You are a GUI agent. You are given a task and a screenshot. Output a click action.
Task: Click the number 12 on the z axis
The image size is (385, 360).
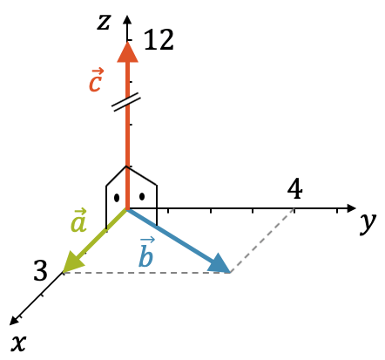159,39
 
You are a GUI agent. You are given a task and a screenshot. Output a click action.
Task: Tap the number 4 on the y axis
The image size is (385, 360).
294,189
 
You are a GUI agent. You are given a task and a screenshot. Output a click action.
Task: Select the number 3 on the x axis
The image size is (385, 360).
41,270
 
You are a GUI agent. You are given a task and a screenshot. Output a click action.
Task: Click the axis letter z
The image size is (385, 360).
104,22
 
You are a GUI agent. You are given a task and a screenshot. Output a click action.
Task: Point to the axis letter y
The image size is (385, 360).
368,224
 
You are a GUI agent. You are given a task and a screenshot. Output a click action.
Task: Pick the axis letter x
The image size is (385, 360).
18,343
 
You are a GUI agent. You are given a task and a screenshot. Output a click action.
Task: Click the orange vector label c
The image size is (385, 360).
96,80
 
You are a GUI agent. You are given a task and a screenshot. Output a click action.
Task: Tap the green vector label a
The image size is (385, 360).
78,221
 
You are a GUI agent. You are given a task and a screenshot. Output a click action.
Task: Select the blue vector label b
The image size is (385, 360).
146,252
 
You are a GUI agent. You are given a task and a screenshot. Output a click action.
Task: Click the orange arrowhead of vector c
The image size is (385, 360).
127,52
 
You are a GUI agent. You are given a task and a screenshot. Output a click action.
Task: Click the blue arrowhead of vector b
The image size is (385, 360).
220,264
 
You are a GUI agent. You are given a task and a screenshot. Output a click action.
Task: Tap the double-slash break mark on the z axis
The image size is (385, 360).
126,102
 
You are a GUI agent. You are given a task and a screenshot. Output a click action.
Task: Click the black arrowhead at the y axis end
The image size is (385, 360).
352,208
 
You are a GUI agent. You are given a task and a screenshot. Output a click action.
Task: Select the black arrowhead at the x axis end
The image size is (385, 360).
15,320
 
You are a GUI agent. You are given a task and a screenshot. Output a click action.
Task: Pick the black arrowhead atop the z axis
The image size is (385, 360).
127,19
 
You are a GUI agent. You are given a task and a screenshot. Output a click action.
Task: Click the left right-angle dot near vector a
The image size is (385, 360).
117,198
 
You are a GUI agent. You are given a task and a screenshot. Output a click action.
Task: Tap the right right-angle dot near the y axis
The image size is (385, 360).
142,197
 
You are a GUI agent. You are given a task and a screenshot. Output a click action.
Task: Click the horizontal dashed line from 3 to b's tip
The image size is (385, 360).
146,273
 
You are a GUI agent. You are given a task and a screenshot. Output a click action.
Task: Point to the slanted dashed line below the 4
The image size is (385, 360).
262,241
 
